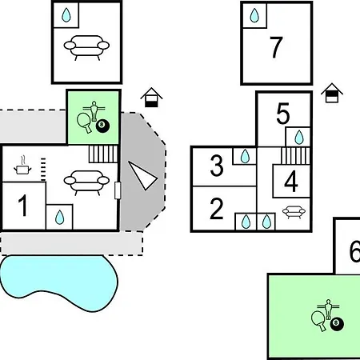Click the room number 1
click(x=23, y=205)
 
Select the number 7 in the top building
click(x=276, y=47)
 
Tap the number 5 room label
click(x=282, y=114)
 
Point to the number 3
click(x=217, y=166)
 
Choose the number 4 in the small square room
click(x=291, y=181)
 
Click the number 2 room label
click(x=216, y=208)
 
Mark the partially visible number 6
click(x=354, y=251)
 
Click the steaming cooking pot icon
click(x=22, y=166)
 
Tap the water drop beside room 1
click(x=59, y=217)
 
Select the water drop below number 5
click(x=299, y=138)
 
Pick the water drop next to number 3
click(x=245, y=156)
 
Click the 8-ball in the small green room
click(x=102, y=126)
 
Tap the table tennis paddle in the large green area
click(x=318, y=320)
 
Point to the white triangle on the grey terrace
click(x=142, y=175)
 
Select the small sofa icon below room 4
click(x=294, y=212)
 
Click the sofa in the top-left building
click(x=86, y=48)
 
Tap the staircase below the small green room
click(x=103, y=154)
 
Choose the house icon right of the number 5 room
click(x=332, y=93)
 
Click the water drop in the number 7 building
click(x=254, y=15)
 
